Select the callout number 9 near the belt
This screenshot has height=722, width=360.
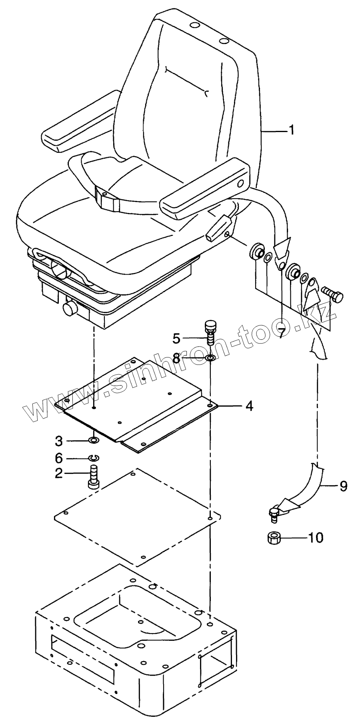[x=343, y=486]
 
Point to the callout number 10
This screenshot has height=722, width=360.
[x=316, y=537]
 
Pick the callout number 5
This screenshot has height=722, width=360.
[x=176, y=338]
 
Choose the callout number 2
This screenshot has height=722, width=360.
[x=59, y=473]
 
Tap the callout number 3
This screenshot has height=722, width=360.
[x=59, y=441]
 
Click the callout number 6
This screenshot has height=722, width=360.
[x=59, y=457]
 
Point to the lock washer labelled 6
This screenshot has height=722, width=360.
[x=94, y=457]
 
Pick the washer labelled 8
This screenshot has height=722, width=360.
[x=210, y=357]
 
